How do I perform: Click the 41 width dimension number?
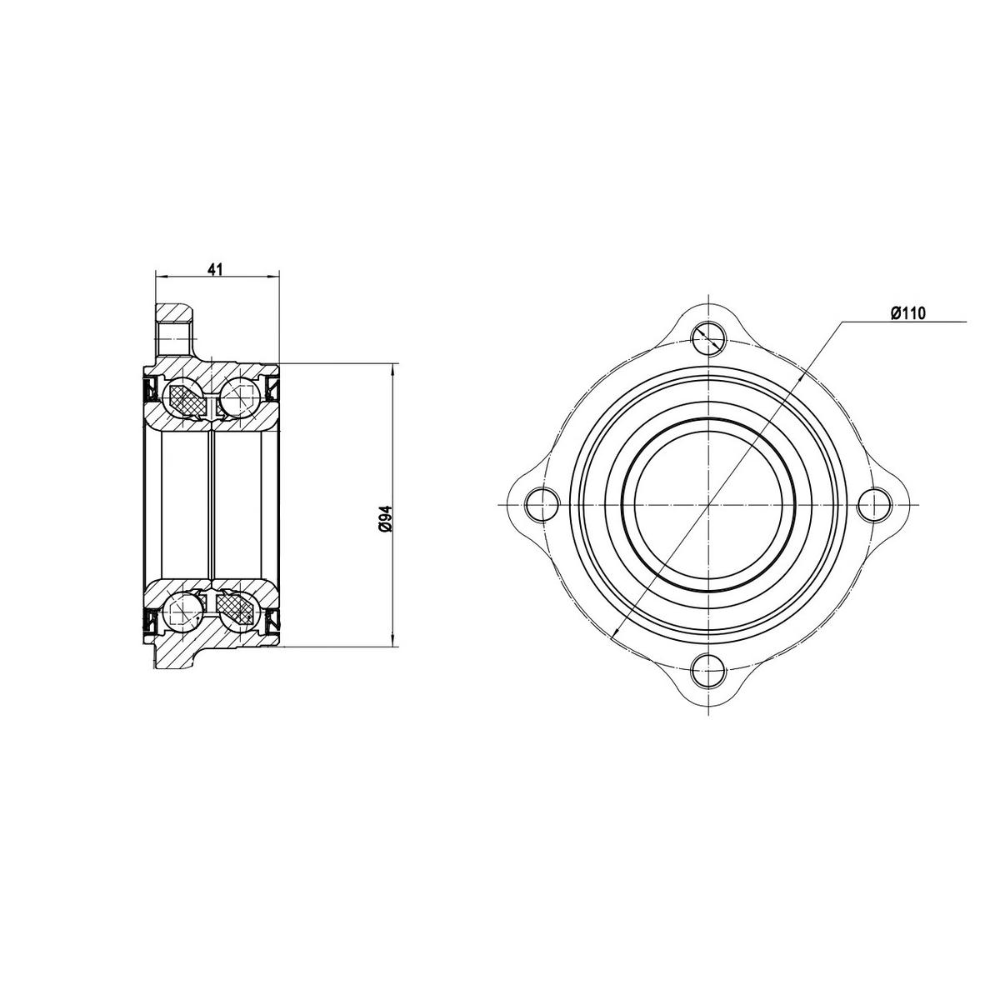tap(216, 269)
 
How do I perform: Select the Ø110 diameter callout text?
tap(908, 313)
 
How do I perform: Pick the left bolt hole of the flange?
tap(542, 505)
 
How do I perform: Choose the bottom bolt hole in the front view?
tap(707, 671)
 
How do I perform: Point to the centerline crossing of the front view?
tap(707, 505)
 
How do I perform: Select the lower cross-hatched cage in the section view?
tap(236, 607)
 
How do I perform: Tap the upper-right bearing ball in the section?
tap(238, 394)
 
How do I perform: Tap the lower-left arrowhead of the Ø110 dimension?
tap(615, 635)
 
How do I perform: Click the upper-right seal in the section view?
tap(272, 388)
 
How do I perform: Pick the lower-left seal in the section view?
tap(152, 621)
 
